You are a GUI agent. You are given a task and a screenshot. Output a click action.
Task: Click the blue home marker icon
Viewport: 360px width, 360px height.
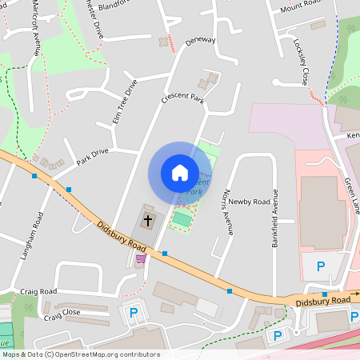[180, 173]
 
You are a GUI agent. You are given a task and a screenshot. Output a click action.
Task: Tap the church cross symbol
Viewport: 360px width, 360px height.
[147, 219]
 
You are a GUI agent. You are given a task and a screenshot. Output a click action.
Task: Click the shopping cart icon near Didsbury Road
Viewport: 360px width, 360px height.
[142, 258]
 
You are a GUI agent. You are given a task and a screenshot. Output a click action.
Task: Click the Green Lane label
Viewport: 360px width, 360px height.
[352, 196]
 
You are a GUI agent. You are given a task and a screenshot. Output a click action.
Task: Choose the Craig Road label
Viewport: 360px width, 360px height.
[39, 292]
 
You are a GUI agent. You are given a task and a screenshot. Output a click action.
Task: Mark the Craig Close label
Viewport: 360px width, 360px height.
[62, 314]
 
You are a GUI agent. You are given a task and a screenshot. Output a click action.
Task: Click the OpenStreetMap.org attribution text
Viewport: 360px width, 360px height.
[109, 354]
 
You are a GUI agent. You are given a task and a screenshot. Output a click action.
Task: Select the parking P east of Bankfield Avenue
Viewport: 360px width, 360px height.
[322, 266]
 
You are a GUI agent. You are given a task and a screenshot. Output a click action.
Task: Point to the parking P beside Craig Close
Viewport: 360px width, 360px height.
[134, 312]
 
